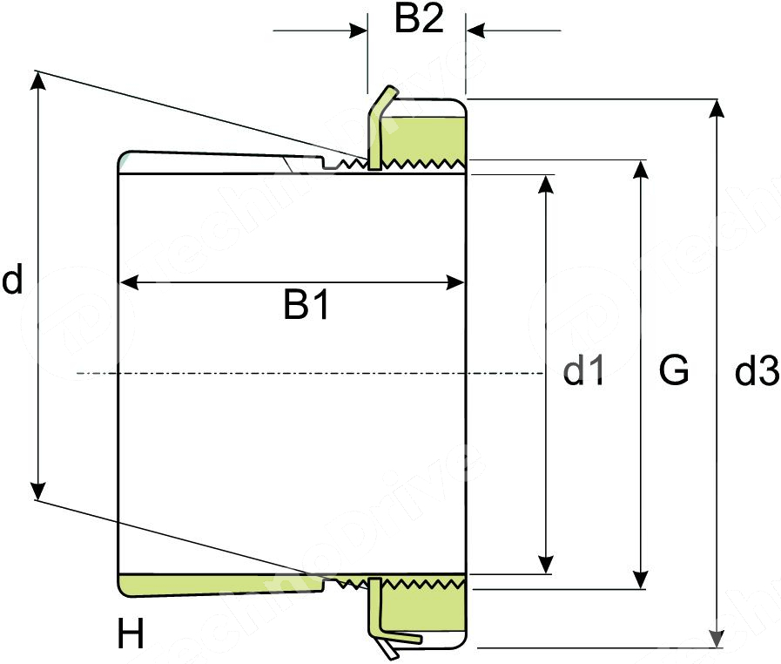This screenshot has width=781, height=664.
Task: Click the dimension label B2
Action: [419, 19]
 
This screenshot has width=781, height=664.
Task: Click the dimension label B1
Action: [306, 306]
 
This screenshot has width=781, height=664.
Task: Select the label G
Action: [674, 370]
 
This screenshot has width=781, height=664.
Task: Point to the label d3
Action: [756, 372]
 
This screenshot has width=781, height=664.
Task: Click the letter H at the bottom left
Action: [131, 635]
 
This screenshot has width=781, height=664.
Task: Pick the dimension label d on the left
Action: [11, 281]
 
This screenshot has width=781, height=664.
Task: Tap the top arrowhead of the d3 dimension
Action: [717, 107]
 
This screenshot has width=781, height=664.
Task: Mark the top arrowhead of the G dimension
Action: [640, 168]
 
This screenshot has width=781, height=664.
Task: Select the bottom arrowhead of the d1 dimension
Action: [545, 566]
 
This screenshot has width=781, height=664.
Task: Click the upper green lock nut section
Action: [422, 131]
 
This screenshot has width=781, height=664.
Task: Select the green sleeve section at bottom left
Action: [209, 586]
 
